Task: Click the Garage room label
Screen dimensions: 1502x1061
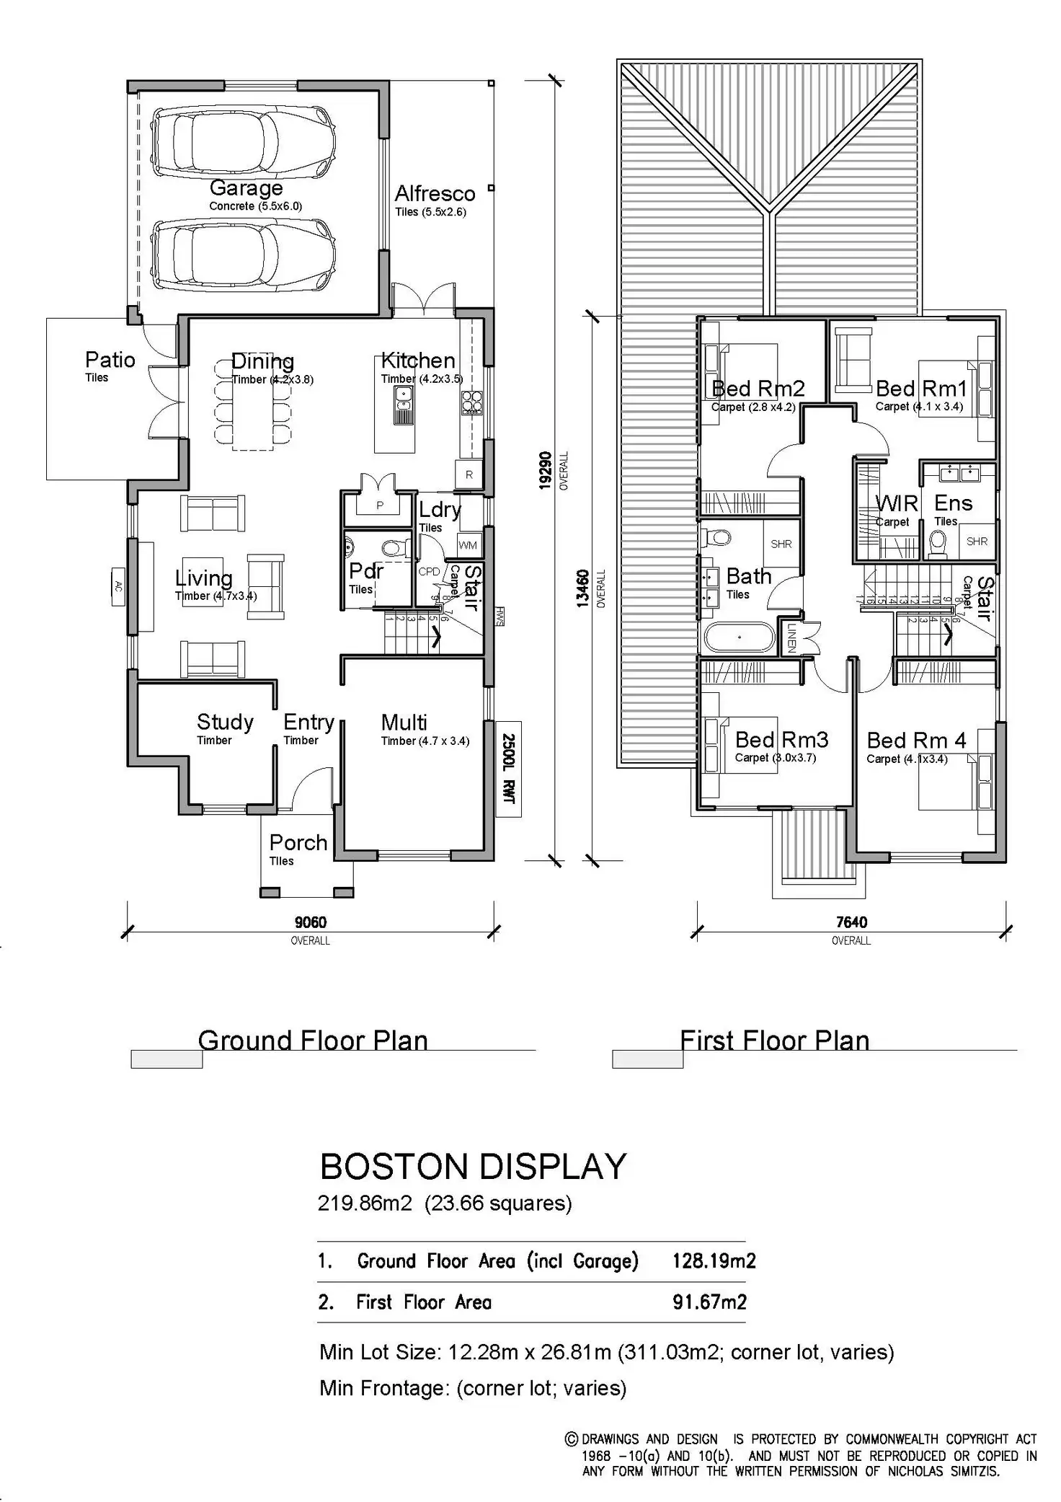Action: (x=246, y=188)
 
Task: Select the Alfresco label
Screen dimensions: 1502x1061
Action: (x=435, y=193)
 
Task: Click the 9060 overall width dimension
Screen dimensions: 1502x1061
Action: (x=310, y=922)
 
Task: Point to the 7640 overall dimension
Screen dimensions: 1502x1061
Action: (x=851, y=922)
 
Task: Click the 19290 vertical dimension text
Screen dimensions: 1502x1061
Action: (x=546, y=470)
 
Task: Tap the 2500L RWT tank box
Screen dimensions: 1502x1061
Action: (x=509, y=769)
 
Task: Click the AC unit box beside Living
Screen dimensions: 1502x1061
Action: (x=119, y=587)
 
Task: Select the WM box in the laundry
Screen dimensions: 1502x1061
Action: (x=468, y=545)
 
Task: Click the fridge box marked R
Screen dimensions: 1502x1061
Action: (x=469, y=474)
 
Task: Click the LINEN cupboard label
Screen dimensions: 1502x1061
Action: (x=791, y=637)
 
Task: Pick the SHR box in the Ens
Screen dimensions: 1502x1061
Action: (x=977, y=542)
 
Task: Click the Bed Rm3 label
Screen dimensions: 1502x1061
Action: (x=781, y=740)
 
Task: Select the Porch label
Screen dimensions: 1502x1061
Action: (x=298, y=842)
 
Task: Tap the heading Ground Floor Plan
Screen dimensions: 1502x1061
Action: (x=313, y=1040)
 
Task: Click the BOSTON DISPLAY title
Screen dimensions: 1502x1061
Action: (x=473, y=1167)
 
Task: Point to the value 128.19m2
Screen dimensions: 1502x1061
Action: (x=714, y=1260)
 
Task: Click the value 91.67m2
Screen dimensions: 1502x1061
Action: (x=709, y=1302)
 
